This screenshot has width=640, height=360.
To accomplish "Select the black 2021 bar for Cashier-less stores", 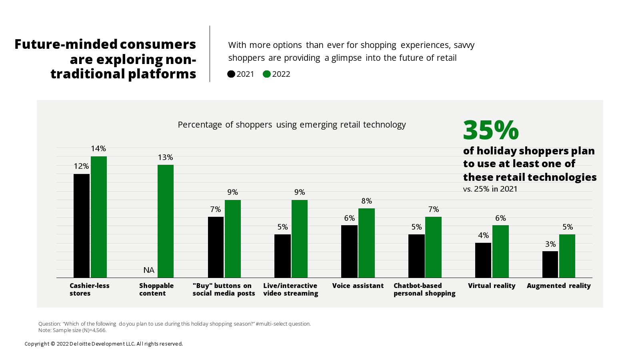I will (82, 226).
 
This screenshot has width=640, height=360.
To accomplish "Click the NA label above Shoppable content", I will (149, 270).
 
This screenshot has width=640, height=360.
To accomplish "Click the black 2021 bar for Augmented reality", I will (550, 264).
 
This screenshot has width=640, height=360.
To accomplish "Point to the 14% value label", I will (98, 148).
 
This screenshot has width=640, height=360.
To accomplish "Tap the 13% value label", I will (165, 157).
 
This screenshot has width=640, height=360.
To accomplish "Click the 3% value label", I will (550, 244).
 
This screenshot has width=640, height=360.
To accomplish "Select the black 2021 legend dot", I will (231, 74).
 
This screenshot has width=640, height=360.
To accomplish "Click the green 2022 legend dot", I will (267, 74).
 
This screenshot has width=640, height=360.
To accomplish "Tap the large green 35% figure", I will (491, 130).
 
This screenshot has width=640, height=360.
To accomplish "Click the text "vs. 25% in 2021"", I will (490, 189).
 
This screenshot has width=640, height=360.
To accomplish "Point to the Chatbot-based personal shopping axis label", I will (424, 289).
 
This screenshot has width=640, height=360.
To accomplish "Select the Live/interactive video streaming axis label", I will (291, 289).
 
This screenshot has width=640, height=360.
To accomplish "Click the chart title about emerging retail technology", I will (292, 124).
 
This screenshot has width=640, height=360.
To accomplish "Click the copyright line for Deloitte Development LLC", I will (104, 344).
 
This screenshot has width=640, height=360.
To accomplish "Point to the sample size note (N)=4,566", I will (72, 330).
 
